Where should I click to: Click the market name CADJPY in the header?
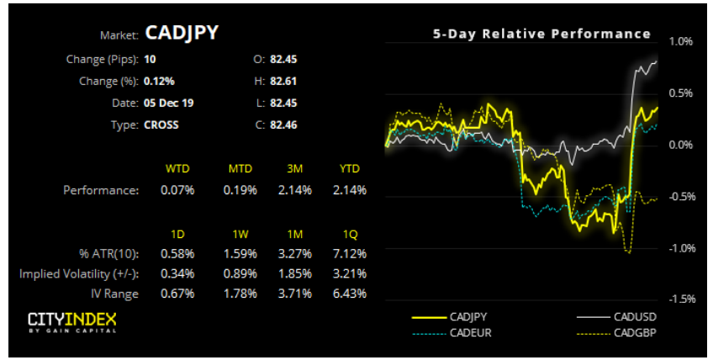point(182,33)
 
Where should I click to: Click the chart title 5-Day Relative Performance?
point(541,34)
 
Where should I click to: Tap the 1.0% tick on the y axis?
point(679,40)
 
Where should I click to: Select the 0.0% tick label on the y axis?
point(679,145)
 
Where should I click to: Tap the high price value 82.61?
point(284,82)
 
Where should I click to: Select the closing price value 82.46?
point(284,125)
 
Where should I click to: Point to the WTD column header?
point(177,169)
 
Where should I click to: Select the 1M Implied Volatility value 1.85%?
point(294,273)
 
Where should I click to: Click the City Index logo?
point(71,322)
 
